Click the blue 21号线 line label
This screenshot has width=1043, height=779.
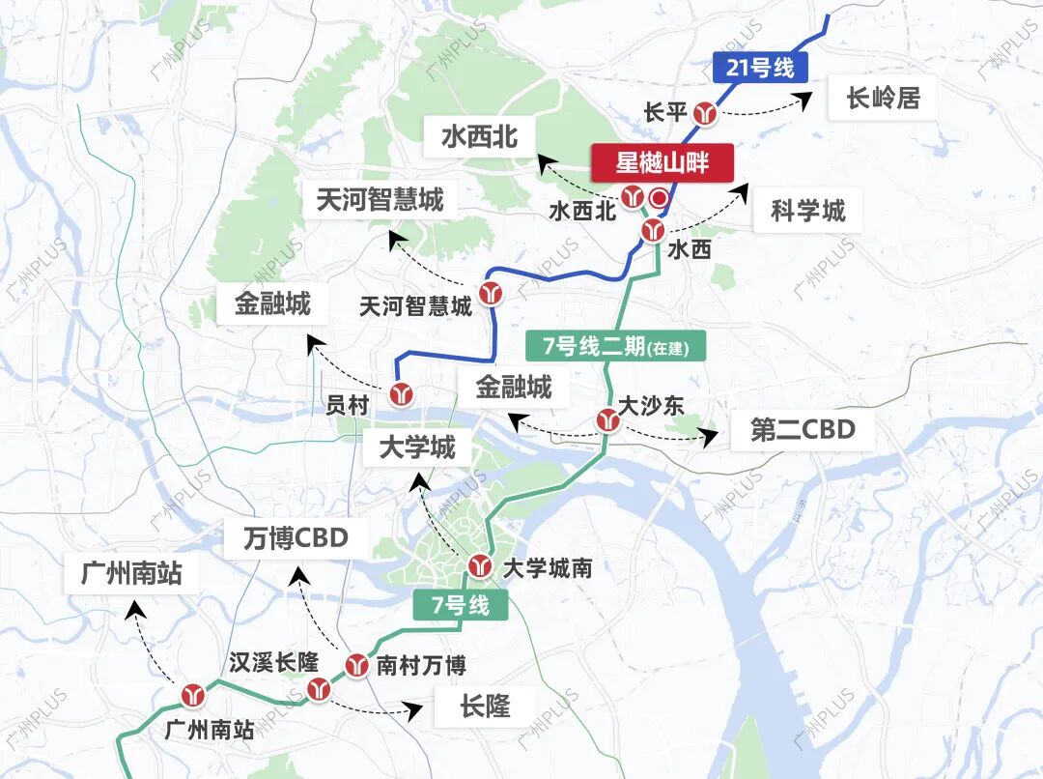click(759, 69)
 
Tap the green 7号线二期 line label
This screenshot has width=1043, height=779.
click(616, 346)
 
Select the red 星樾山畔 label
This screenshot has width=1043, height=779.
click(662, 162)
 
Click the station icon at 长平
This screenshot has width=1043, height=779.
click(710, 113)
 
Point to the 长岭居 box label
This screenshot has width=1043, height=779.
click(883, 98)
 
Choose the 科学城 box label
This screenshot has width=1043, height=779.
click(807, 211)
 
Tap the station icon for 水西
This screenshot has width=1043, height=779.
click(653, 230)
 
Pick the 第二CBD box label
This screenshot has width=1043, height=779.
click(803, 429)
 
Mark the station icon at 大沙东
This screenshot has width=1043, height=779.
click(607, 419)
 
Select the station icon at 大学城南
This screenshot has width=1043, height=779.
click(480, 565)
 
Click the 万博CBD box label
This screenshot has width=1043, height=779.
click(296, 537)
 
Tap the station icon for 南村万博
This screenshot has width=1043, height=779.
click(356, 665)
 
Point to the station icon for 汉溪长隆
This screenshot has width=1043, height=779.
click(319, 688)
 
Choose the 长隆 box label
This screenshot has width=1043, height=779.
click(485, 707)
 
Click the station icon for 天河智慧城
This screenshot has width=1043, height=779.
click(492, 293)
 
